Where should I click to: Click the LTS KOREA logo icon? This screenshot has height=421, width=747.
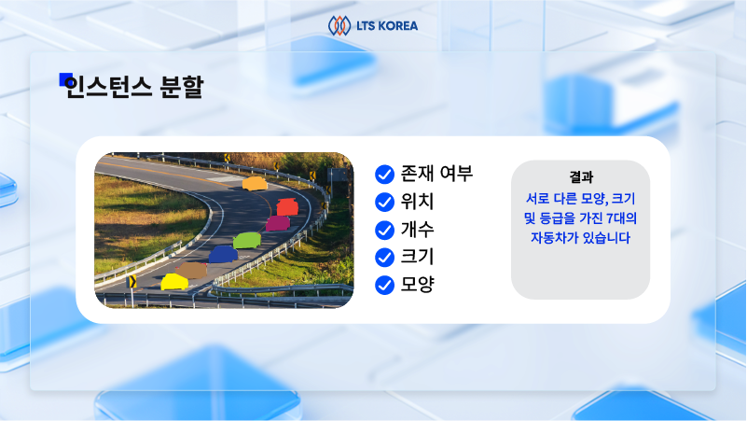[x=339, y=25]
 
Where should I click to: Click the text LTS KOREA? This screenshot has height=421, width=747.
[x=386, y=26]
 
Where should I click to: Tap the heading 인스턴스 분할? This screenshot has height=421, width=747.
[x=134, y=88]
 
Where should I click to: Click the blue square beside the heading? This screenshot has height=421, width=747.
[x=65, y=79]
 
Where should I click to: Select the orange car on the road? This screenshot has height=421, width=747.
[x=254, y=184]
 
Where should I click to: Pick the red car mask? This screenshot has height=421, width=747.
[x=286, y=206]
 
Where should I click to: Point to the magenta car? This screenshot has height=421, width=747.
[x=277, y=223]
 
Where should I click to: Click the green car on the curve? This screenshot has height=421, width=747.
[x=246, y=241]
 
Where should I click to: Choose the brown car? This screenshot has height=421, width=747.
[x=191, y=270]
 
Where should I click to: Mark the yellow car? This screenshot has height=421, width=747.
[x=173, y=282]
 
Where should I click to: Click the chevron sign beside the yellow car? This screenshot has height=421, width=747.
[x=131, y=281]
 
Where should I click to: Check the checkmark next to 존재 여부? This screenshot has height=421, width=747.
[x=383, y=175]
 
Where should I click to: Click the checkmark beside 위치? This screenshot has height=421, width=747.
[x=383, y=202]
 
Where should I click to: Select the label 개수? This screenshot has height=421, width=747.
[x=417, y=229]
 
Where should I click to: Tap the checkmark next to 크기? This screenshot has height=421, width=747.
[x=383, y=257]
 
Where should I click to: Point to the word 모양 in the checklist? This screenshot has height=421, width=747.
[x=417, y=284]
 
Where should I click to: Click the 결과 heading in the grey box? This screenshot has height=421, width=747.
[x=581, y=177]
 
